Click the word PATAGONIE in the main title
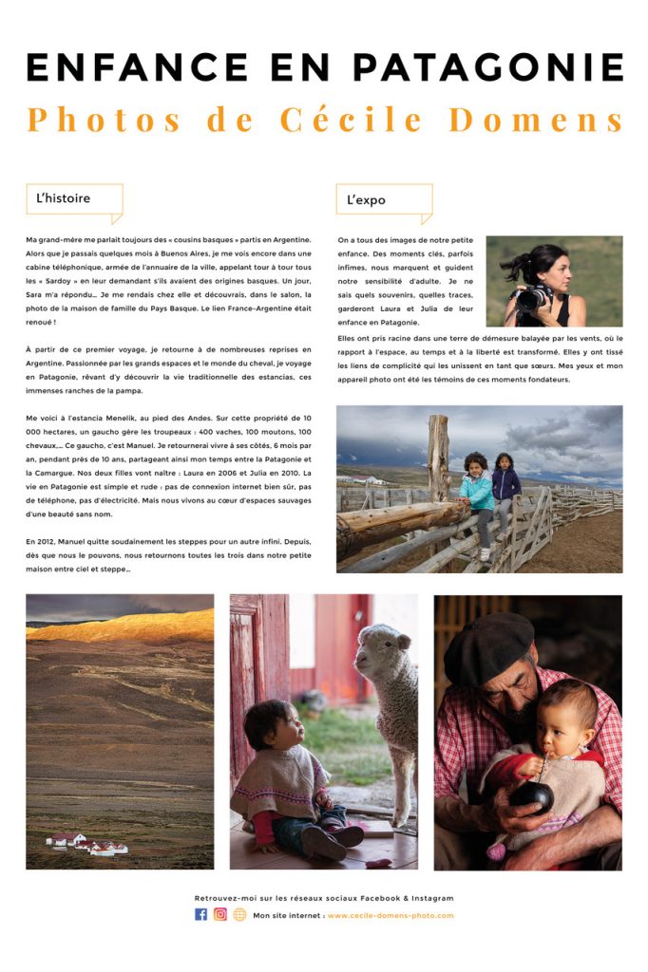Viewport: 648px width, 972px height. click(x=488, y=67)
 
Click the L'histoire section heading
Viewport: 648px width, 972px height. click(x=64, y=199)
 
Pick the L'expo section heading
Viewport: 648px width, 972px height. click(x=366, y=200)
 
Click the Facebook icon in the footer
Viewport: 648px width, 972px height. click(x=200, y=915)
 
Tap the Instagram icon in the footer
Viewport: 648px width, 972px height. click(x=220, y=915)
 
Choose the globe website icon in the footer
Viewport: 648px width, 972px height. click(x=239, y=915)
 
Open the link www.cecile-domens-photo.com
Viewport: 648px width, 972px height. click(x=391, y=916)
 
